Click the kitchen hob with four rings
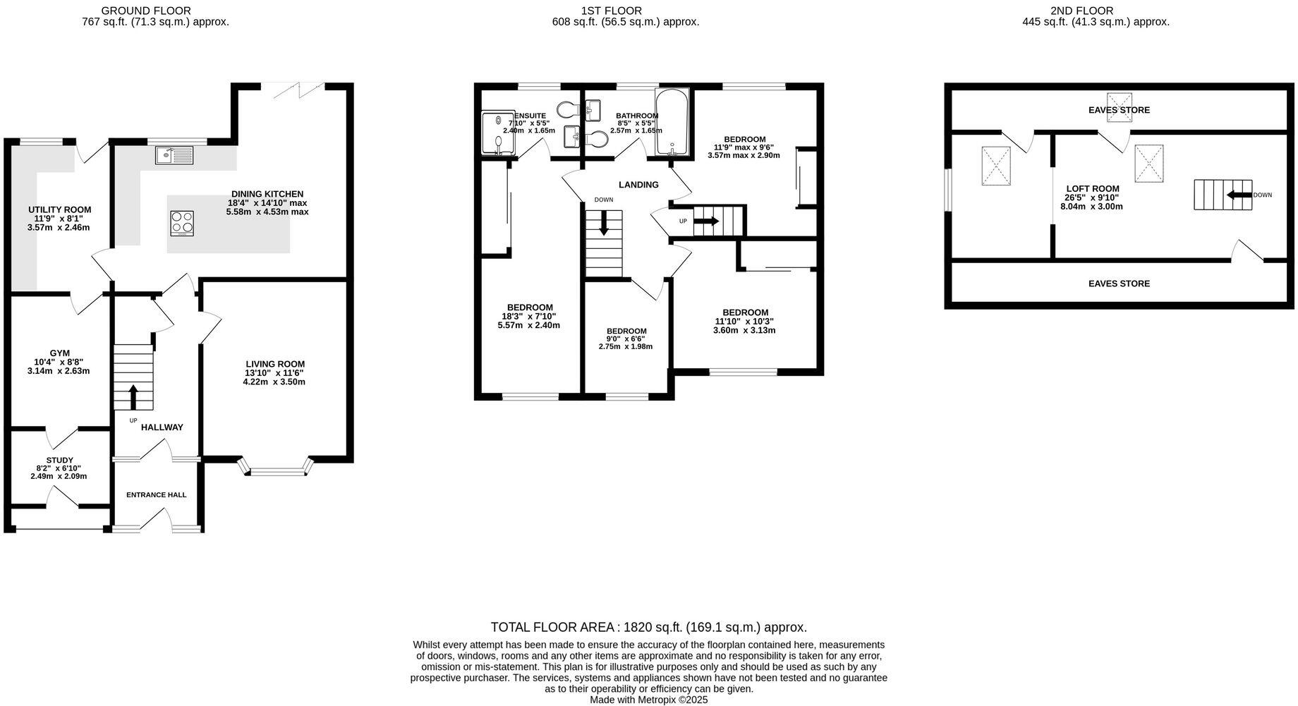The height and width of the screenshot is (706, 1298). point(182,223)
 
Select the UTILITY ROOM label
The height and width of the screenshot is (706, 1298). point(59,209)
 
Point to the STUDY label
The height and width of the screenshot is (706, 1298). point(59,460)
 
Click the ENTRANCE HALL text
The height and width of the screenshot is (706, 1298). point(156,495)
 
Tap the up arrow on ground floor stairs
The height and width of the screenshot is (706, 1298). point(133,396)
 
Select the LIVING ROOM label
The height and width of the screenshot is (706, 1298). point(274,364)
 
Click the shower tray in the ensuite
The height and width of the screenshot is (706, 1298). point(498,133)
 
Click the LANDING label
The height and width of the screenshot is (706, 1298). point(638,185)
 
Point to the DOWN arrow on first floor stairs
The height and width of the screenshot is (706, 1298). point(604,224)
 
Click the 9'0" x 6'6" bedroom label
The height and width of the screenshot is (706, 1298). point(626,331)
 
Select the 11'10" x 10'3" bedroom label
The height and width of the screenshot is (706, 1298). point(745,312)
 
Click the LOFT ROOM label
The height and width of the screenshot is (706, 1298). point(1092,189)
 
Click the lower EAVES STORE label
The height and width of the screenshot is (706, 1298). point(1119,284)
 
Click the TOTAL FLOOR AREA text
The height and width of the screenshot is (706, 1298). point(648,627)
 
